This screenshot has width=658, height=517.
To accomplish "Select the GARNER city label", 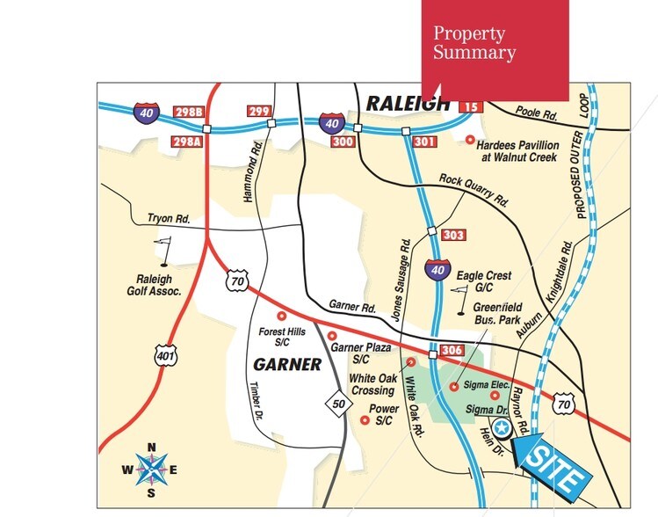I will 287,363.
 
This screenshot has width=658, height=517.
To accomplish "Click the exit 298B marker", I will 187,113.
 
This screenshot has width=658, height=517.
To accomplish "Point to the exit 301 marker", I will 425,141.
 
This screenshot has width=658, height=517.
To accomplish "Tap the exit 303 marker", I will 453,236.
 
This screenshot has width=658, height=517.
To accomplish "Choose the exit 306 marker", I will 452,351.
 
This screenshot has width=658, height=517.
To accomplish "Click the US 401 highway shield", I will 164,354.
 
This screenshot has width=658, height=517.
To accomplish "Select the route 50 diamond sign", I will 337,403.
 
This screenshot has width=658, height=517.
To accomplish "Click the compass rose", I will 151,470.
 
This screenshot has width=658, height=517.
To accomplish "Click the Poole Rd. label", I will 538,114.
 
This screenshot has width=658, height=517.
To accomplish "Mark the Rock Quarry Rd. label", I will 474,190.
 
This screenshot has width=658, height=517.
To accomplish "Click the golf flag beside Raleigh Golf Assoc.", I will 167,251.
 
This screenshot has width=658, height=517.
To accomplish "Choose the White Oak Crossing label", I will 372,384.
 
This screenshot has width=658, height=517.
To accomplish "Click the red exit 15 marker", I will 471,107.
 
